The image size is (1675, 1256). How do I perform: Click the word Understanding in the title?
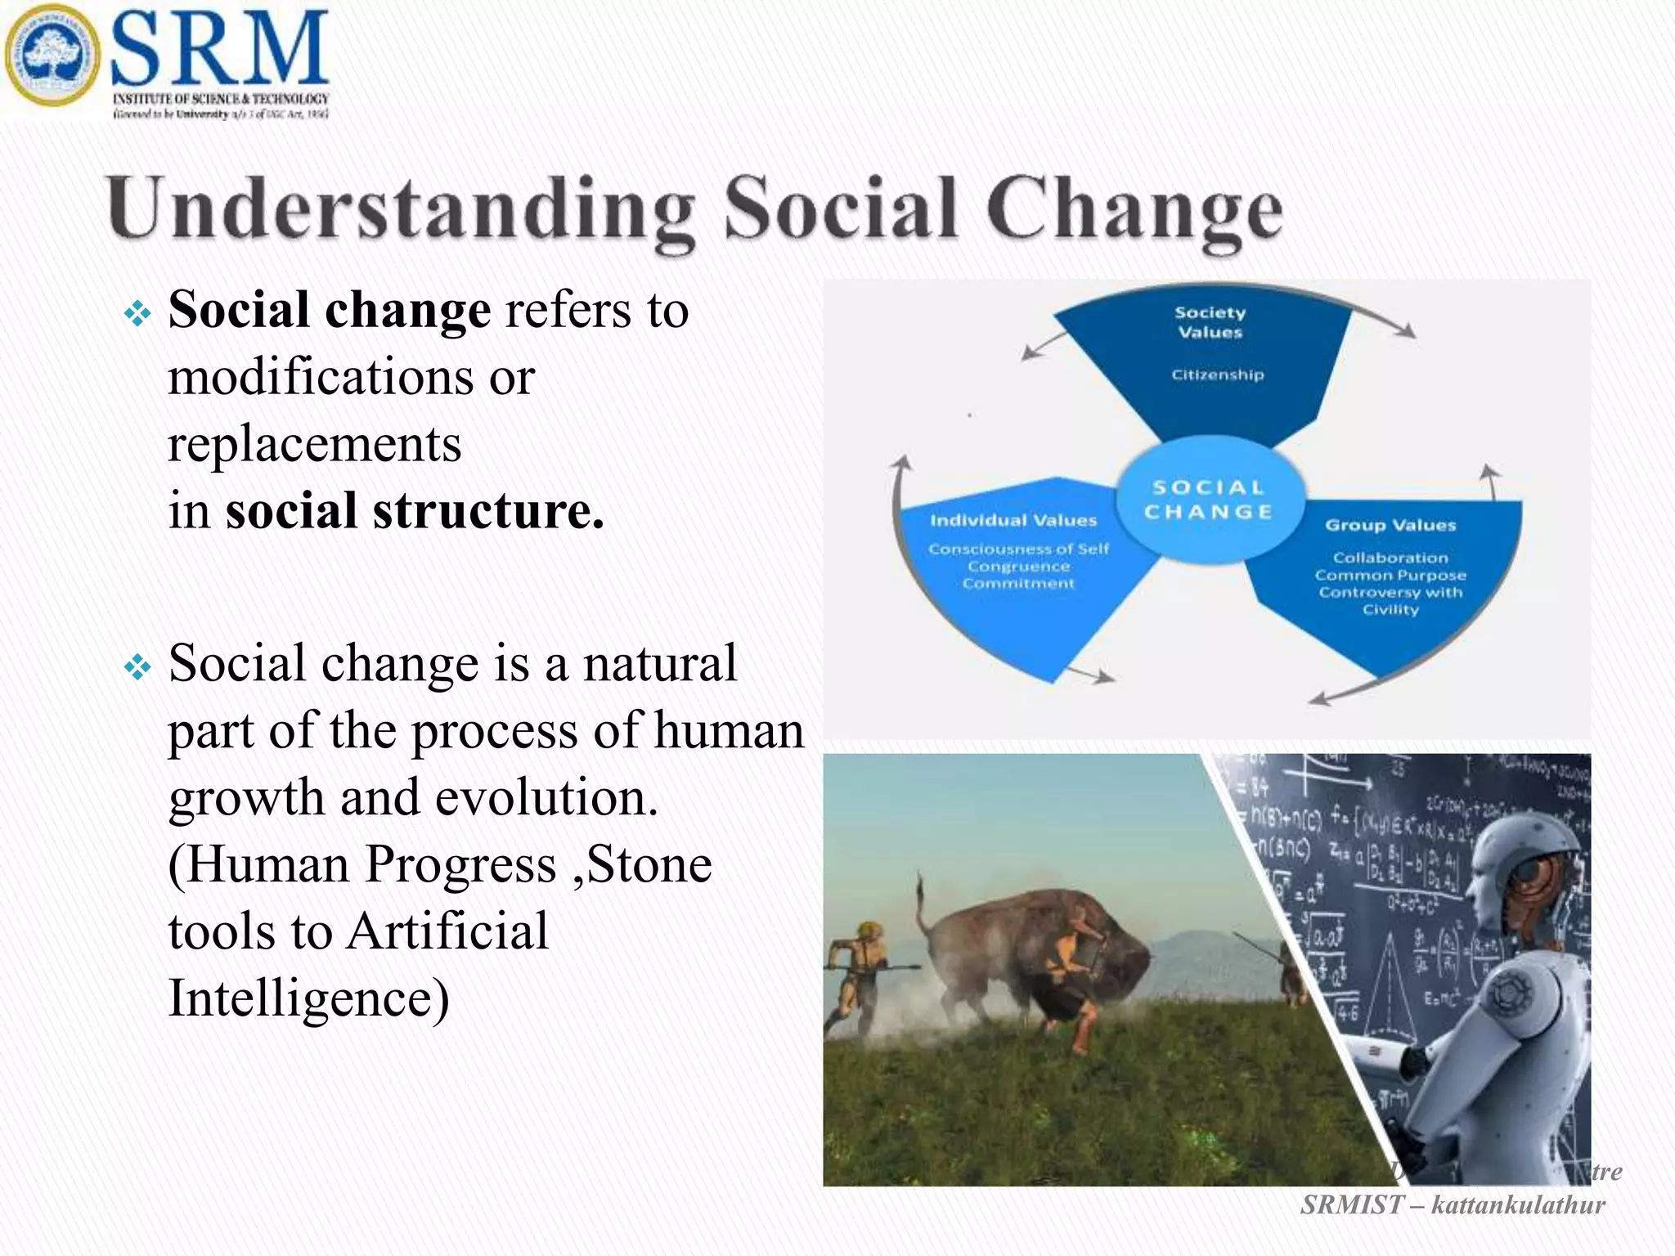pos(401,209)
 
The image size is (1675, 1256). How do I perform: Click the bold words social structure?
pos(414,511)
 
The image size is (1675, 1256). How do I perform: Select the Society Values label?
pos(1210,322)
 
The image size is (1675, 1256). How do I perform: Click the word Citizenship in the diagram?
pos(1217,375)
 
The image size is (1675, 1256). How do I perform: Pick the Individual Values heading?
pos(1013,521)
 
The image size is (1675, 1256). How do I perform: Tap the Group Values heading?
pos(1390,526)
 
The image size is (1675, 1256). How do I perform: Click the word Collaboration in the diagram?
pos(1390,558)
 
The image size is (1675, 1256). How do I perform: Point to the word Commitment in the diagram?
pos(1017,584)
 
